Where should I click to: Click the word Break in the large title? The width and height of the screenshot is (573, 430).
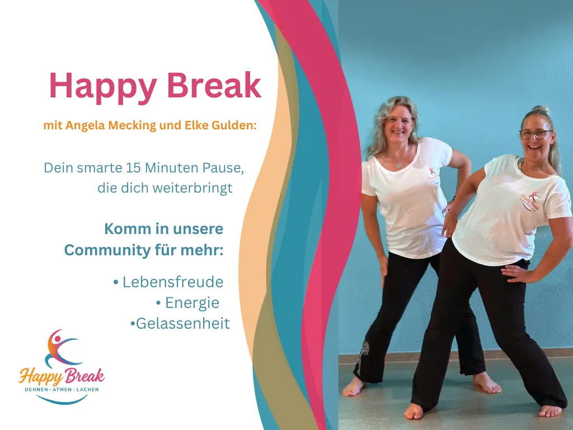point(214,85)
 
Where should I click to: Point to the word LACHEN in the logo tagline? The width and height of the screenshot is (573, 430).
point(87,390)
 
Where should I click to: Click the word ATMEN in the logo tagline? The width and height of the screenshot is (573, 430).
point(63,390)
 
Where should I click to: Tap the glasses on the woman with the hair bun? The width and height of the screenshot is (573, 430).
point(535,134)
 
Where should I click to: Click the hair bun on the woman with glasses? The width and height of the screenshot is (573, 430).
point(541,110)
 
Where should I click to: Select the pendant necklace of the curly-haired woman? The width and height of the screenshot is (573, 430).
point(398,165)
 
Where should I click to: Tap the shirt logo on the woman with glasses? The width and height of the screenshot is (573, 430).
point(529,201)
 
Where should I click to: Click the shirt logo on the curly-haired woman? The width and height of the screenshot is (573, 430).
point(434,175)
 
